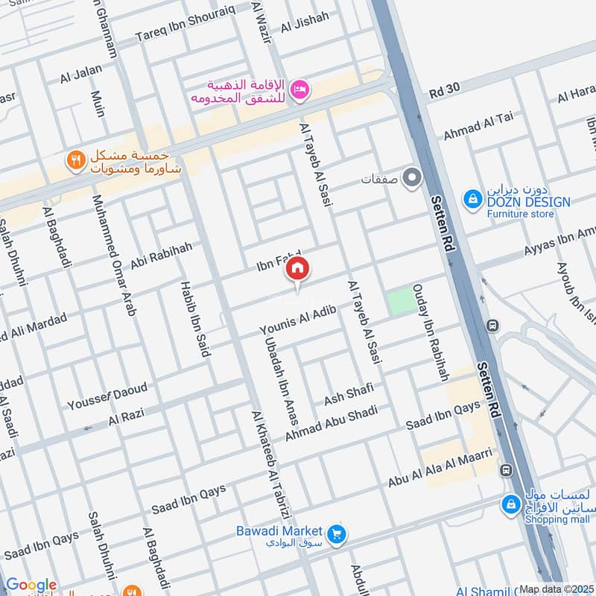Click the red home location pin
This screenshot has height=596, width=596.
click(x=297, y=270)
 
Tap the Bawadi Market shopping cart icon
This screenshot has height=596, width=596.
click(x=337, y=534)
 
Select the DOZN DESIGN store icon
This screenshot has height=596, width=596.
click(x=472, y=199)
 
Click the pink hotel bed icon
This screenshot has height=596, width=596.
click(x=301, y=89)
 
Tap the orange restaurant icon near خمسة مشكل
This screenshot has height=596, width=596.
click(x=75, y=159)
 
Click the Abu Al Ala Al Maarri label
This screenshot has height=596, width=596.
click(x=440, y=469)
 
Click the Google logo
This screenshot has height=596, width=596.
click(x=31, y=585)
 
